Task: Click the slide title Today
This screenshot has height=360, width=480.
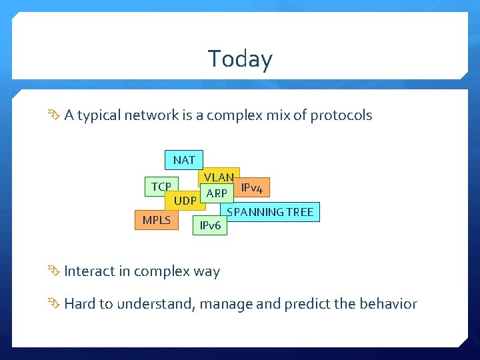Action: (240, 59)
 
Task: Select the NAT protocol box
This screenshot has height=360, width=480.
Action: (184, 160)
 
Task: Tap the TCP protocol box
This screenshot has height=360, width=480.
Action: (161, 186)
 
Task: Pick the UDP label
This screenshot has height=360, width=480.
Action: (185, 201)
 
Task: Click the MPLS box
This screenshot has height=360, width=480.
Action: (157, 220)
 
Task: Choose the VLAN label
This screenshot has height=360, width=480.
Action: (219, 177)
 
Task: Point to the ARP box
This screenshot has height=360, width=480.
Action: (217, 193)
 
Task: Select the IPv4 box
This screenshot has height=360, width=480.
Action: (252, 189)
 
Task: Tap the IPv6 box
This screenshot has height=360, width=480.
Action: (210, 226)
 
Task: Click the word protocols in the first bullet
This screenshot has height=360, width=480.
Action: (341, 115)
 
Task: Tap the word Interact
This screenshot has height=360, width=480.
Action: (89, 271)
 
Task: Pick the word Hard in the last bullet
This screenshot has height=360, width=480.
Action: (79, 305)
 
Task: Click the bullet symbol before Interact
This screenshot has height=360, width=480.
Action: (55, 271)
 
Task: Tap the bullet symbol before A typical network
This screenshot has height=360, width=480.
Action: (55, 115)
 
